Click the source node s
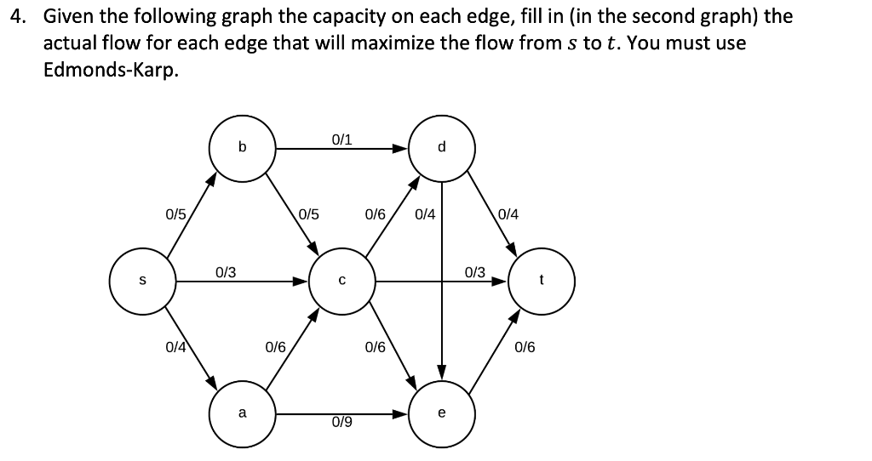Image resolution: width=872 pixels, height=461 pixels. (142, 281)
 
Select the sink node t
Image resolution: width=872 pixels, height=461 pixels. (542, 281)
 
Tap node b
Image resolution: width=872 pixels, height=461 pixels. (243, 148)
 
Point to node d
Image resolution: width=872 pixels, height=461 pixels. (442, 148)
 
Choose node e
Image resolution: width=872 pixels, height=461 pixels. (442, 414)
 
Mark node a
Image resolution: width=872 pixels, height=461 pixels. (243, 414)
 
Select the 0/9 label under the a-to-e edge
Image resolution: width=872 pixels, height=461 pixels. (341, 423)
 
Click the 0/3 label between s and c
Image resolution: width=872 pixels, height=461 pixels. (226, 272)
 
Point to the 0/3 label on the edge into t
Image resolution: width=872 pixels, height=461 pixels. (475, 272)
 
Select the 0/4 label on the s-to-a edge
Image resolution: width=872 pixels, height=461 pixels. (176, 347)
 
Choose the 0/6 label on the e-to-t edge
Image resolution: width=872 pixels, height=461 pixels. (525, 347)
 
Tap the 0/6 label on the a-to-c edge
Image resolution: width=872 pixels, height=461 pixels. (275, 347)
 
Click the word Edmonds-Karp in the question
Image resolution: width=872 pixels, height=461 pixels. (112, 71)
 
